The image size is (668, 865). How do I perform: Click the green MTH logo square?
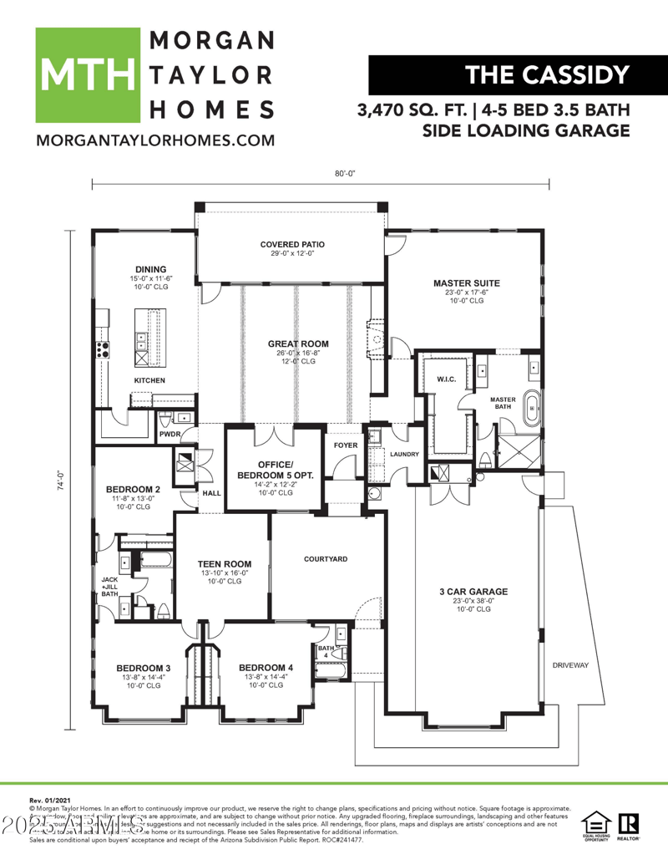[x=87, y=75]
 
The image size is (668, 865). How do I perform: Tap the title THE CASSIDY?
[x=547, y=75]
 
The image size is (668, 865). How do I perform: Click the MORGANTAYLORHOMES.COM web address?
[x=154, y=140]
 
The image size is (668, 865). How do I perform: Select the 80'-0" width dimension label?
[x=345, y=174]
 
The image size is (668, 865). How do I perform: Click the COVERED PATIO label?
[x=291, y=245]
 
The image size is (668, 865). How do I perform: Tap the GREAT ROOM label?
[x=298, y=343]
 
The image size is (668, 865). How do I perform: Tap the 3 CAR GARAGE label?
[x=473, y=592]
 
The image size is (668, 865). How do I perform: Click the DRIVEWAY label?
[x=571, y=665]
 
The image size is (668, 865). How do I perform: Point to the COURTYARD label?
[x=325, y=559]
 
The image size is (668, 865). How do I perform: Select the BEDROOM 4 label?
[x=266, y=668]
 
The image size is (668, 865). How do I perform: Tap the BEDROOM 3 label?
[x=143, y=668]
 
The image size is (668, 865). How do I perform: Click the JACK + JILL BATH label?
[x=109, y=586]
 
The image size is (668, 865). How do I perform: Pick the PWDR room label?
[x=170, y=434]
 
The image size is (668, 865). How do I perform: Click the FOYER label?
[x=345, y=445]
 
